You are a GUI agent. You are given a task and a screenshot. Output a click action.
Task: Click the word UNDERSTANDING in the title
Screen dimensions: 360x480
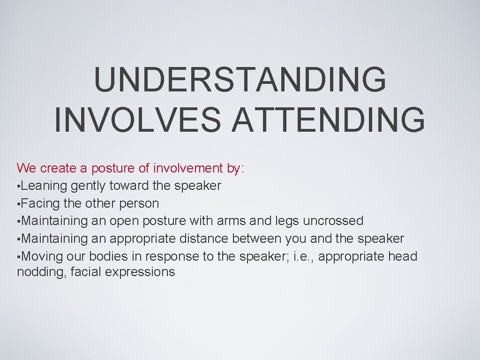[x=240, y=80]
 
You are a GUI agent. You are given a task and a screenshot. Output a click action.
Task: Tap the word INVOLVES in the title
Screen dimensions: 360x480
[x=136, y=120]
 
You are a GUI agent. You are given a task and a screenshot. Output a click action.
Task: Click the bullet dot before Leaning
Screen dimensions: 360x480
[x=18, y=187]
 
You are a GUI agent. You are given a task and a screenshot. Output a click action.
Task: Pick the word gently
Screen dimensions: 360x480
[x=89, y=186]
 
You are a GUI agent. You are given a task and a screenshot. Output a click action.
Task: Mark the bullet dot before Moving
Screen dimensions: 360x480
[x=18, y=257]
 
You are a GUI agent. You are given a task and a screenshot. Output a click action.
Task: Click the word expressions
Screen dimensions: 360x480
[x=140, y=272]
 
